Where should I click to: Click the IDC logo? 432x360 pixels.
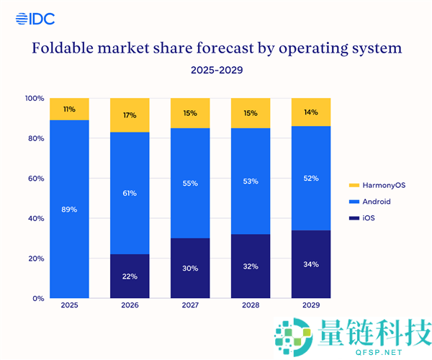[x=35, y=19]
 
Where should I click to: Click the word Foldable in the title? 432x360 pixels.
[x=63, y=48]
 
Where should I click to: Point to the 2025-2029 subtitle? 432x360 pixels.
[x=217, y=70]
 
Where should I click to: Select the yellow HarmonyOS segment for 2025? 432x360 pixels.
[x=69, y=109]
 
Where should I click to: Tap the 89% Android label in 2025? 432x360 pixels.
[x=69, y=210]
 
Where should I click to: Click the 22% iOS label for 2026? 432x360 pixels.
[x=130, y=276]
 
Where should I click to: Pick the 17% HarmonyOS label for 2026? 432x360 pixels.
[x=130, y=115]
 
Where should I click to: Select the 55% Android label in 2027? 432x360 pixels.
[x=190, y=184]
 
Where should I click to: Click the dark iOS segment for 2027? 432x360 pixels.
[x=190, y=268]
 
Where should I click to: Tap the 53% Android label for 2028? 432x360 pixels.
[x=251, y=181]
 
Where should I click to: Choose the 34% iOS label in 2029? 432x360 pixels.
[x=311, y=264]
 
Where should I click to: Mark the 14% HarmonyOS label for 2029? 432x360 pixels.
[x=311, y=112]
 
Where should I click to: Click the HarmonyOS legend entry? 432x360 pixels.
[x=377, y=185]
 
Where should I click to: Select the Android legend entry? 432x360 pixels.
[x=370, y=202]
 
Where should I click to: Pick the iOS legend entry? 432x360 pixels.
[x=361, y=218]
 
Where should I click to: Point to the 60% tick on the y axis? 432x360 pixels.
[x=36, y=179]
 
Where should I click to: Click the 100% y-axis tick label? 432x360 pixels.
[x=35, y=99]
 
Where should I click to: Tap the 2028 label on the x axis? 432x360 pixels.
[x=251, y=305]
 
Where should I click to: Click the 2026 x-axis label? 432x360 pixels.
[x=130, y=305]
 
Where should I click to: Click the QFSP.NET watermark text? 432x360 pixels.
[x=379, y=352]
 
